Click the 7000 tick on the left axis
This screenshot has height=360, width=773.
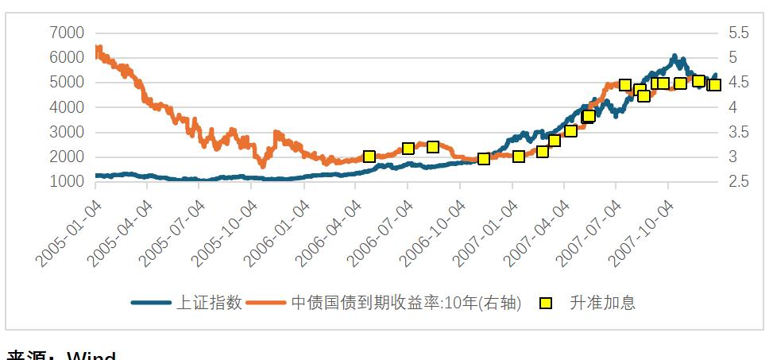[67, 33]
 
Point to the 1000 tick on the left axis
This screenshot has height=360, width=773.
[67, 182]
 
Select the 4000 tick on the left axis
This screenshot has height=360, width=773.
[67, 107]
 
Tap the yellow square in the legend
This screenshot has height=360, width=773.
[546, 303]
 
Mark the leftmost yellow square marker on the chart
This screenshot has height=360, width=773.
[369, 157]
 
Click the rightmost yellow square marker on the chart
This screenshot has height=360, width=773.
[714, 84]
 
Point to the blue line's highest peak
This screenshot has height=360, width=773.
[674, 56]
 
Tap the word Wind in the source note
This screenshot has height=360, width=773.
[91, 356]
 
